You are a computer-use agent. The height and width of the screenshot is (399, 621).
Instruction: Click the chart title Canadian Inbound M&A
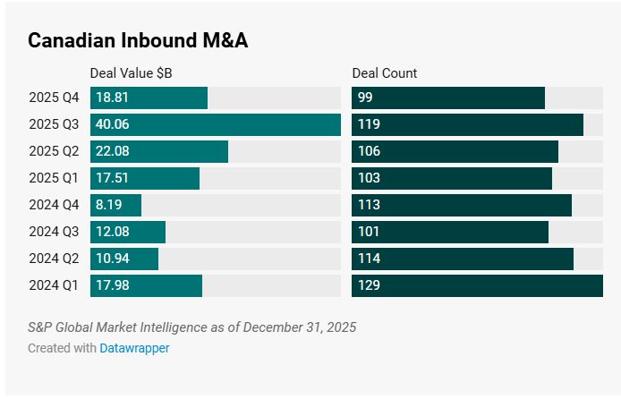(x=138, y=40)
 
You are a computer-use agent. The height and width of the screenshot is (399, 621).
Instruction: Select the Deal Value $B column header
(x=137, y=73)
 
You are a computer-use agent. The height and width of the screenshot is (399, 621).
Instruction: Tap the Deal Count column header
(x=385, y=73)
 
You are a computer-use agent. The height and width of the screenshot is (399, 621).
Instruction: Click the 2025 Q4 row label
(x=54, y=98)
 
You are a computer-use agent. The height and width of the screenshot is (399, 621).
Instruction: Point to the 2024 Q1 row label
(x=54, y=285)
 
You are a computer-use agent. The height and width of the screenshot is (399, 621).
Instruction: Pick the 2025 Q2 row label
(x=54, y=151)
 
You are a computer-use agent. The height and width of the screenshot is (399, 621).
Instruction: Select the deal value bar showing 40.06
(x=216, y=124)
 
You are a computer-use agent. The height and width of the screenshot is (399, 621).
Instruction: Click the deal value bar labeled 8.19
(x=116, y=205)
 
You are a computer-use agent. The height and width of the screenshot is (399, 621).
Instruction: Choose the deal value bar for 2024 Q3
(x=128, y=232)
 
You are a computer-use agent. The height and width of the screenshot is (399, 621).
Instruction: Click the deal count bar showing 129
(x=477, y=285)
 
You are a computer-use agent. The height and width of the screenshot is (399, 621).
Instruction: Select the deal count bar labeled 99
(x=448, y=98)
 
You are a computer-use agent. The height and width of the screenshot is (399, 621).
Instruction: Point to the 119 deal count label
(x=369, y=124)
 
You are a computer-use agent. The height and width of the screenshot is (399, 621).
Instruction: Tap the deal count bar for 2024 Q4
(x=462, y=205)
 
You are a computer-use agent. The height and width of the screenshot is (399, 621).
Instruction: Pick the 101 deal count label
(x=369, y=232)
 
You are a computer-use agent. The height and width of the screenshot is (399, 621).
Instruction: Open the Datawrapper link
(x=134, y=348)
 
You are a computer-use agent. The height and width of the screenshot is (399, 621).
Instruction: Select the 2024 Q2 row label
(x=54, y=259)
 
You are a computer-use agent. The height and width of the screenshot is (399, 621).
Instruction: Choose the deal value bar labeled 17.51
(x=145, y=178)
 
